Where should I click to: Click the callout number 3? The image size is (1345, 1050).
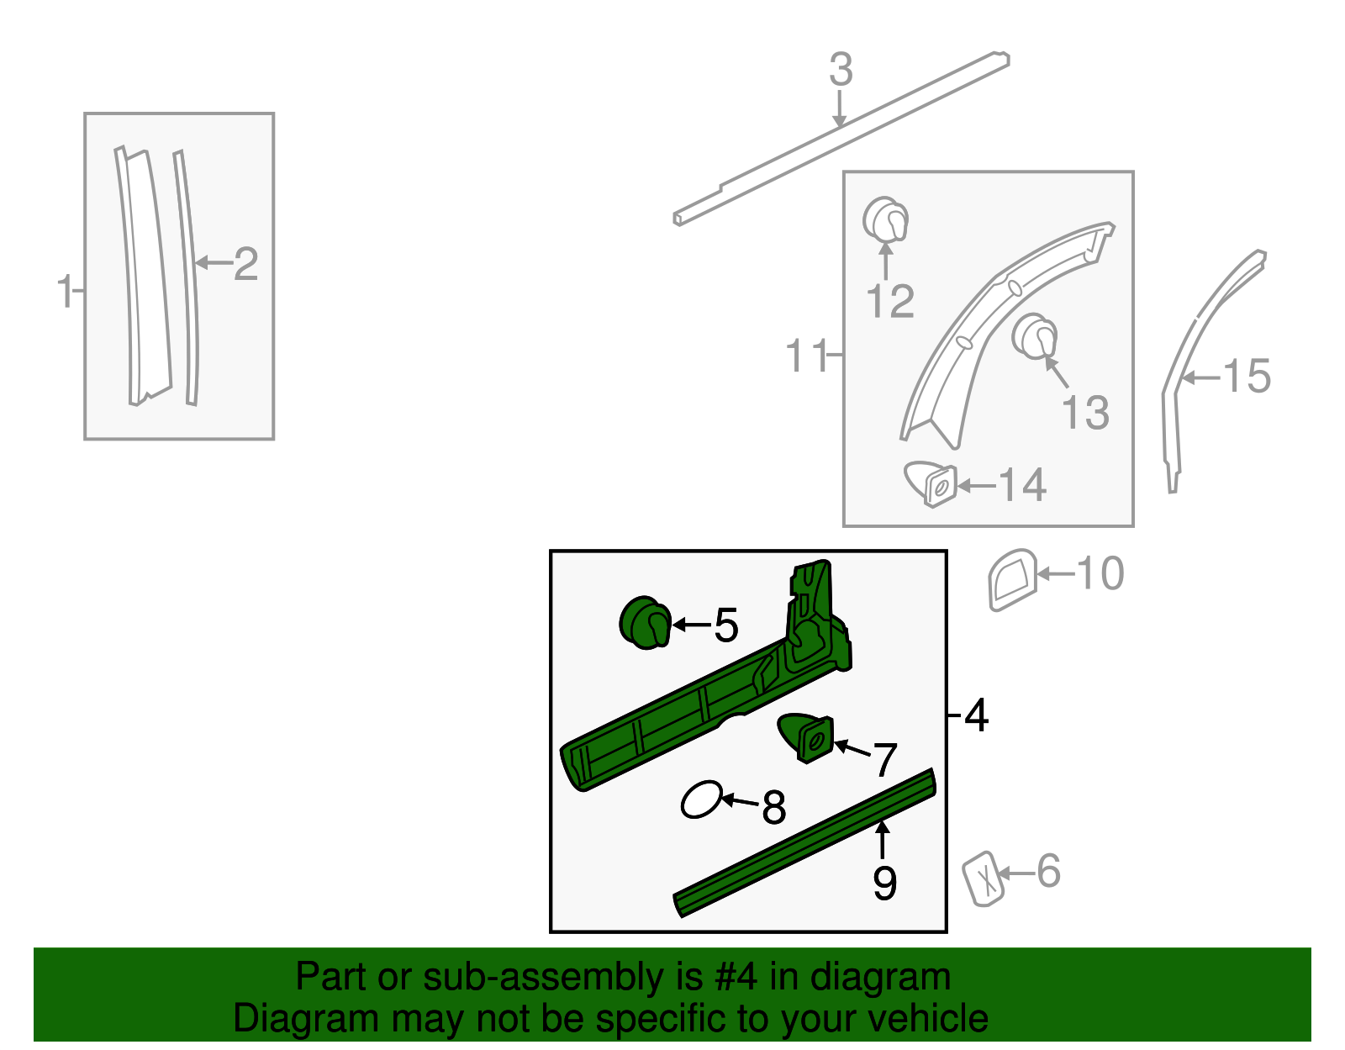click(x=841, y=70)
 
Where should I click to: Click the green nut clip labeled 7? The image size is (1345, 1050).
click(x=807, y=737)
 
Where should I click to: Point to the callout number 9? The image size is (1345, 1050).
click(x=884, y=883)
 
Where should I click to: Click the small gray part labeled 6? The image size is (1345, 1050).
click(x=983, y=879)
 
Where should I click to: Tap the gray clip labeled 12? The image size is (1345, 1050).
click(x=885, y=220)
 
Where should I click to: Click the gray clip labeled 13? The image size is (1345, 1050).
click(x=1035, y=336)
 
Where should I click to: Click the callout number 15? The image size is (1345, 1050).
click(x=1247, y=376)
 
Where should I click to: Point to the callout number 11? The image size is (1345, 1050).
click(x=806, y=356)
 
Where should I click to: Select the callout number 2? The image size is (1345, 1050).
click(x=245, y=264)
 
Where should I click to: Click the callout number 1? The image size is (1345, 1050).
click(x=64, y=292)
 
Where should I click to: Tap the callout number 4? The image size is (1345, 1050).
click(x=976, y=716)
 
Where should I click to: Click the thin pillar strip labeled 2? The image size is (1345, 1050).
click(x=187, y=277)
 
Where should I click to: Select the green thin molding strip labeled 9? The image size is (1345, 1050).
click(x=803, y=843)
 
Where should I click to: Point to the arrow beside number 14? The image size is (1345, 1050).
click(x=975, y=485)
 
